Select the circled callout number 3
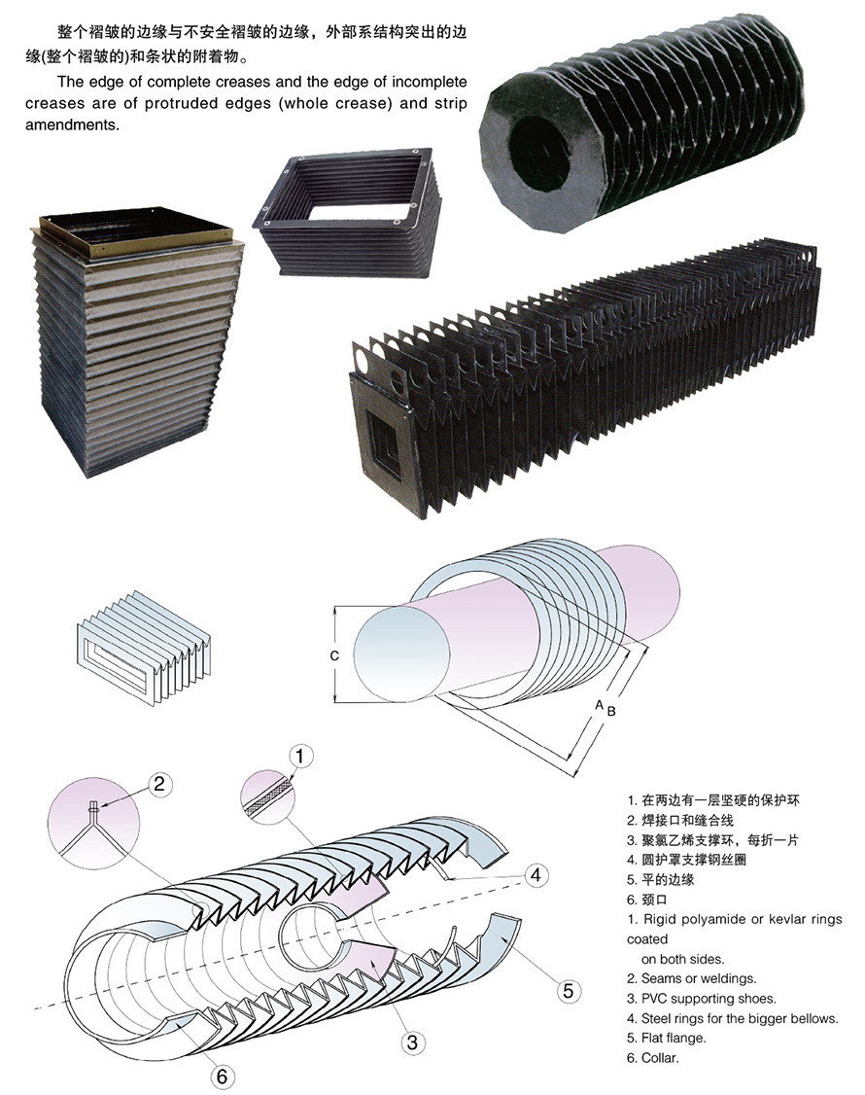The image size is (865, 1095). point(412,1042)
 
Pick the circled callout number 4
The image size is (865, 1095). point(533,874)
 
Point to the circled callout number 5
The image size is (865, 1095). point(569,991)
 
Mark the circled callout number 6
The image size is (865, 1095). point(222,1077)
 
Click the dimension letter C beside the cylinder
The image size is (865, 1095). point(333,655)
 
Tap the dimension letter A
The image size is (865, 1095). point(600,703)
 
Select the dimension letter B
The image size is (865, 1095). point(611,711)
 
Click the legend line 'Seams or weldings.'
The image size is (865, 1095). point(691,978)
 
